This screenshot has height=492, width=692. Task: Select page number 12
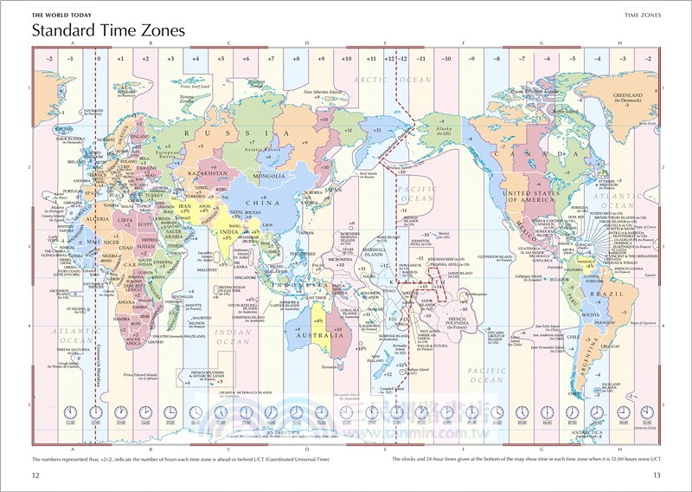[x=35, y=475]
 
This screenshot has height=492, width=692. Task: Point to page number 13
[x=657, y=475]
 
